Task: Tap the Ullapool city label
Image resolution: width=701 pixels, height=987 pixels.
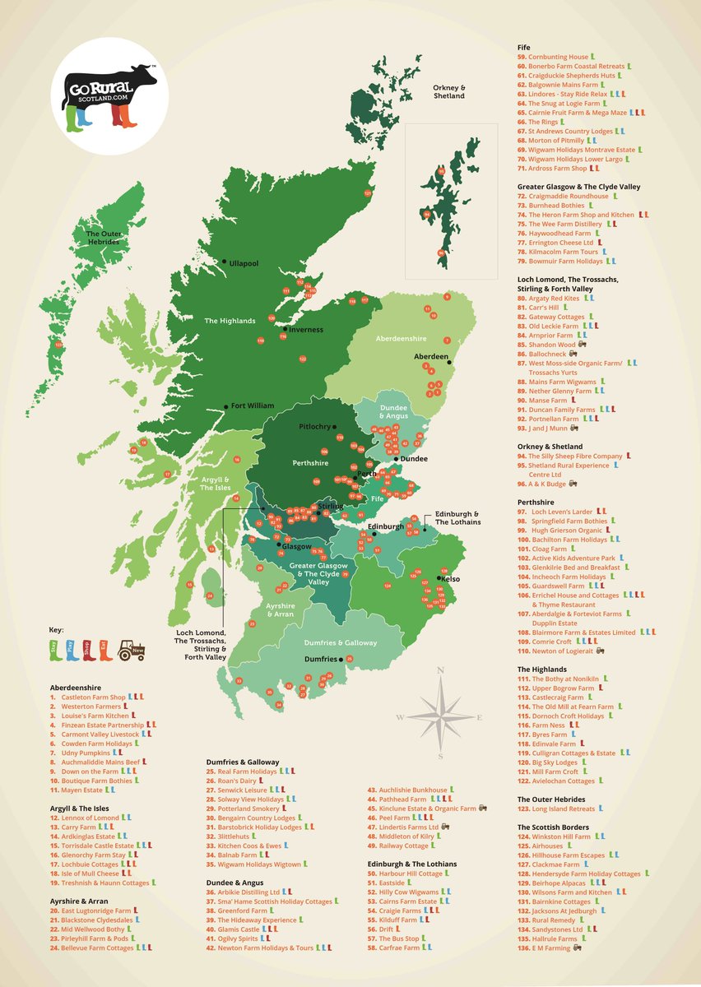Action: point(243,263)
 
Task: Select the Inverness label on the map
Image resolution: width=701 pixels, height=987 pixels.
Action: point(304,330)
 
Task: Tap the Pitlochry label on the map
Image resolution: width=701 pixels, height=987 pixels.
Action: point(314,428)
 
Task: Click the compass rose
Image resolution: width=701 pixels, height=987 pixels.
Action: point(440,712)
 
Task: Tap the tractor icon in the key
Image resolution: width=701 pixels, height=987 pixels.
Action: point(132,651)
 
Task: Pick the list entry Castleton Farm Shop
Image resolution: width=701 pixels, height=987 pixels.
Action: point(93,697)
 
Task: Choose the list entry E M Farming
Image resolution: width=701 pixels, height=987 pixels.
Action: point(552,948)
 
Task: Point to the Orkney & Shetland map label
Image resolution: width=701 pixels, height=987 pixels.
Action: point(449,91)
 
